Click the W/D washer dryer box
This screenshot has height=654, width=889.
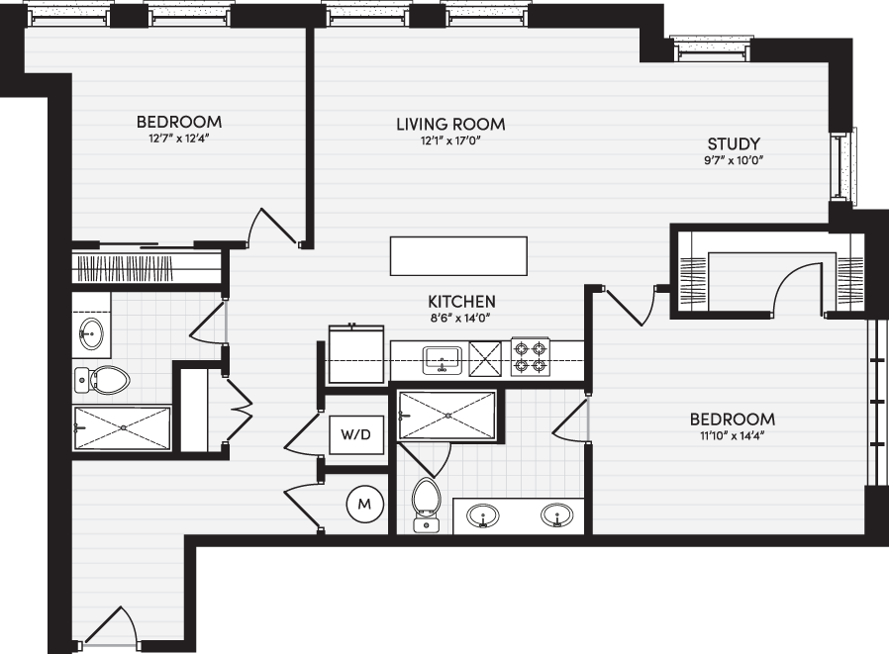tap(356, 434)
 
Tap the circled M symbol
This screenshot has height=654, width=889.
tap(364, 504)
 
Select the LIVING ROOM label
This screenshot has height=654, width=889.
tap(450, 124)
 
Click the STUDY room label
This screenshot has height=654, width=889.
tap(734, 143)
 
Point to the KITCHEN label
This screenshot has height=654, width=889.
tap(461, 302)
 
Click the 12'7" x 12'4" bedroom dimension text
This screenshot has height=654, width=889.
tap(178, 139)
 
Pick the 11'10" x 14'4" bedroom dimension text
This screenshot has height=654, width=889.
tap(732, 436)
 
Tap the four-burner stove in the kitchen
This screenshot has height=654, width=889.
tap(531, 357)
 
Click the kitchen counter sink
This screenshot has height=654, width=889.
tap(443, 360)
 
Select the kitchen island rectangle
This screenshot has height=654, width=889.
tap(458, 256)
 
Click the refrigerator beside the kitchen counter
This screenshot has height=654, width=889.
tap(356, 353)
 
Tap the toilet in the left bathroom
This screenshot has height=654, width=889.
tap(102, 380)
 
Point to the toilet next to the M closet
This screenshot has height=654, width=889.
tap(427, 505)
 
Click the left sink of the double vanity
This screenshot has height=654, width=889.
tap(483, 515)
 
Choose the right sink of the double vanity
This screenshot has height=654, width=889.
tap(556, 515)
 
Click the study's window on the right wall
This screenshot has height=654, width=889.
tap(843, 165)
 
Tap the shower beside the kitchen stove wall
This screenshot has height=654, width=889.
tap(447, 416)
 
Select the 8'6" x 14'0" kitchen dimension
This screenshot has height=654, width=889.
tap(459, 318)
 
